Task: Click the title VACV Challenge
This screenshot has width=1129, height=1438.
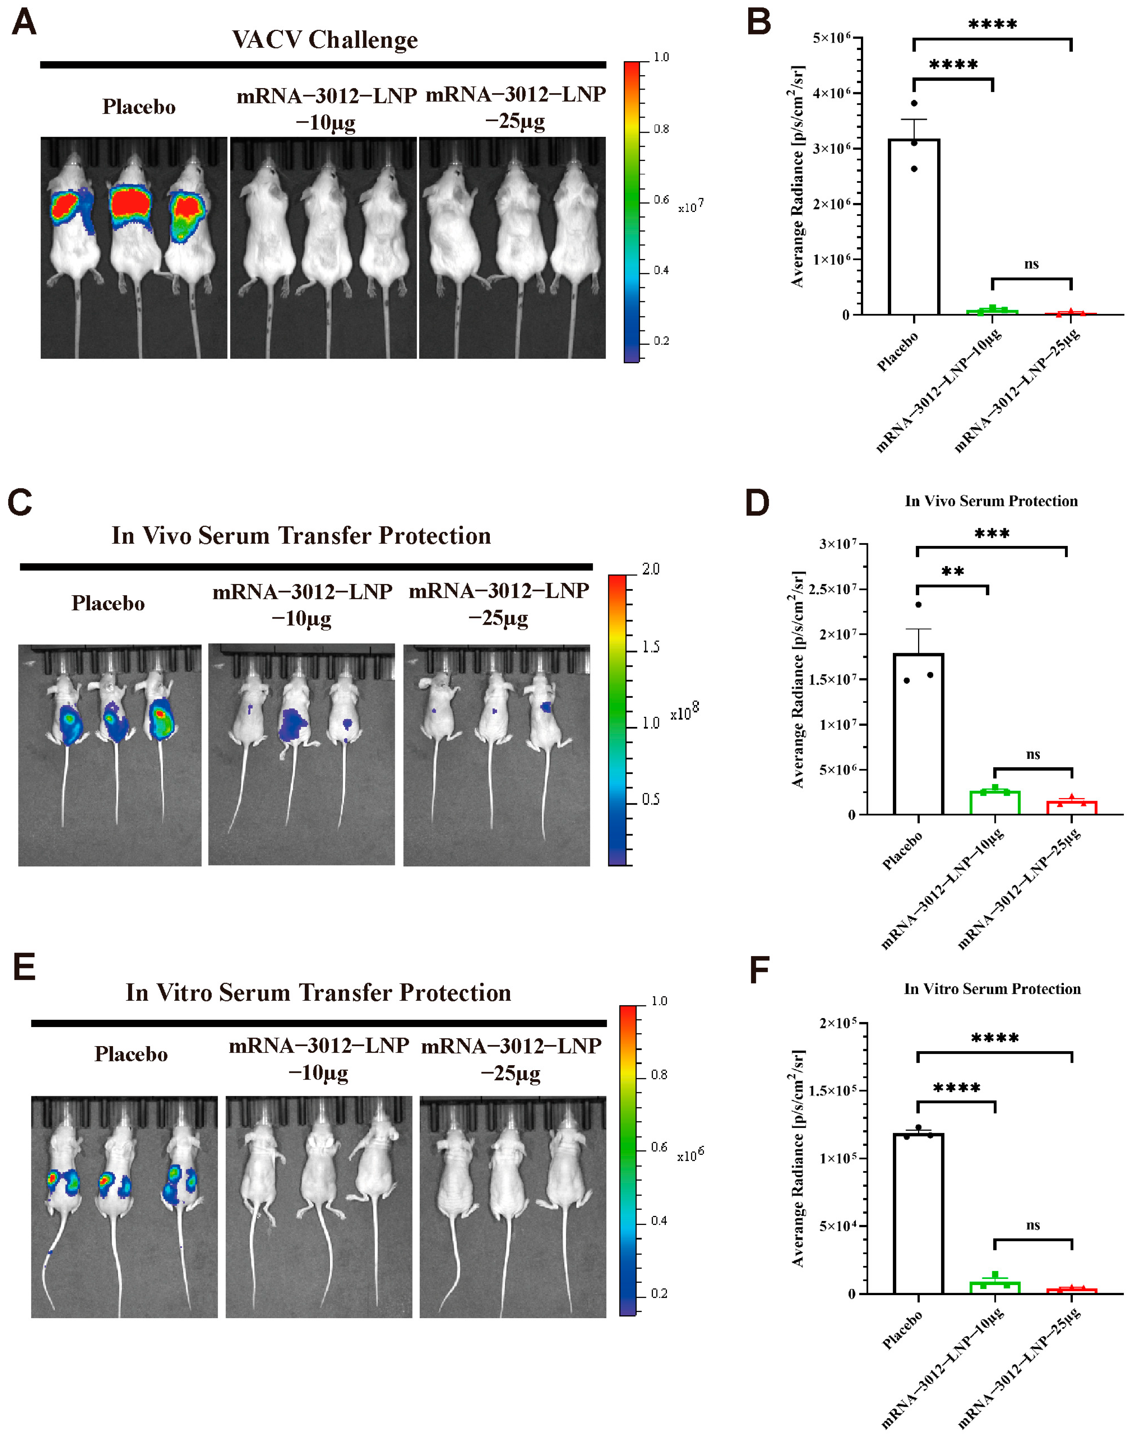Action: tap(325, 40)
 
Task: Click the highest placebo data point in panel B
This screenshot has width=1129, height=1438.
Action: tap(914, 103)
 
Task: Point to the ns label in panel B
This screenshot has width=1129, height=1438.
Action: tap(1031, 264)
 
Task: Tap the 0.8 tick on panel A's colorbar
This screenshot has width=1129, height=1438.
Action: tap(660, 129)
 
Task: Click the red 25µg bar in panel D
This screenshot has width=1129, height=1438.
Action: tap(1071, 808)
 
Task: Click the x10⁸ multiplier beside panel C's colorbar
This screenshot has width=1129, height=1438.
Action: tap(684, 713)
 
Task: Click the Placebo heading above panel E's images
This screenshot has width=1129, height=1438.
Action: tap(131, 1053)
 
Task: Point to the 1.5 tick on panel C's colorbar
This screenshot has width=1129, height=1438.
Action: tap(650, 646)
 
